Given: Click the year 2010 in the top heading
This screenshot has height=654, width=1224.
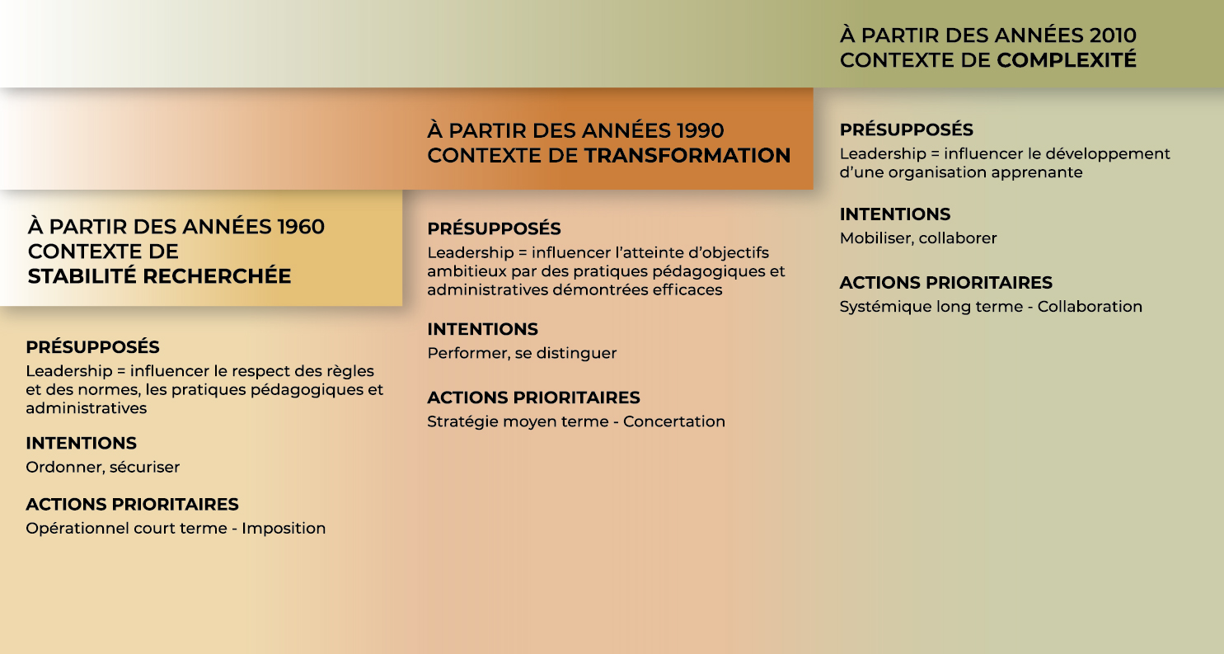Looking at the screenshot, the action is [x=1113, y=35].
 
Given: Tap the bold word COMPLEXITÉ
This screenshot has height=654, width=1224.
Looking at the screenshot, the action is [x=1067, y=60].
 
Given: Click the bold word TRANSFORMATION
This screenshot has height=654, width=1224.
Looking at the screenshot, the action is [x=687, y=155].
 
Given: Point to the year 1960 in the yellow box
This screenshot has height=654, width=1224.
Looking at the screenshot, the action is [x=301, y=226].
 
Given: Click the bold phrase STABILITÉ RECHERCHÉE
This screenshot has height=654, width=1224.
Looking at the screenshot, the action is [x=160, y=276].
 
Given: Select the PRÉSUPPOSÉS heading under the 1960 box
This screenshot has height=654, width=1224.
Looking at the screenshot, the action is [x=93, y=346].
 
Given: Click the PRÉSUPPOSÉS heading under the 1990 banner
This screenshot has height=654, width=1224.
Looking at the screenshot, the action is [x=494, y=228].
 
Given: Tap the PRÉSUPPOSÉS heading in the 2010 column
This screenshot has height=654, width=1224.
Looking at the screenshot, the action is [x=907, y=129].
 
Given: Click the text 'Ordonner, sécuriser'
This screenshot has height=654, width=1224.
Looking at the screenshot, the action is [x=103, y=467].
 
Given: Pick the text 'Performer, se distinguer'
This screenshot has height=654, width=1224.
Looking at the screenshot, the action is [x=522, y=353].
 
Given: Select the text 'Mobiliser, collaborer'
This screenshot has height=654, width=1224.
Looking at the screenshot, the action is [x=918, y=238].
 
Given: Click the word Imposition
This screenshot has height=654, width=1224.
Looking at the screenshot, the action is [x=284, y=528].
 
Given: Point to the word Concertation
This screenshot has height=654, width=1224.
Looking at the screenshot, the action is [x=674, y=421].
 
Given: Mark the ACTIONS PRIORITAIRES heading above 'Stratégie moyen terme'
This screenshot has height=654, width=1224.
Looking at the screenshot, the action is [x=533, y=398].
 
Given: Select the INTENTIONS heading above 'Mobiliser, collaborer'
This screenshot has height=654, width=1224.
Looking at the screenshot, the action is [x=895, y=214].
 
